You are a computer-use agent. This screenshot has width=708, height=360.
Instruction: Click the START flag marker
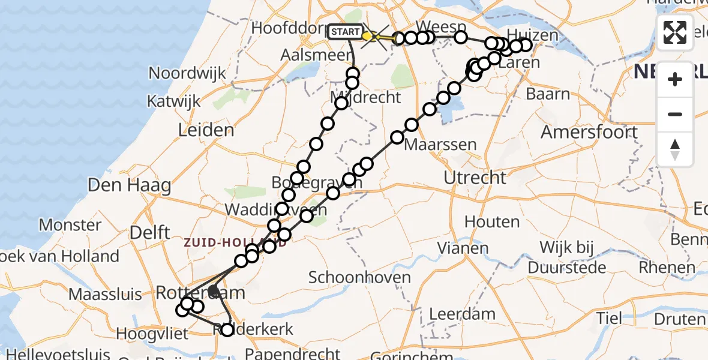tap(346, 32)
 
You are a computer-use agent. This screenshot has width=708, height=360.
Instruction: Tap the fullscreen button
tap(675, 32)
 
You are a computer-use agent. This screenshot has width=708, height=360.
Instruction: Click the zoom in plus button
tap(675, 79)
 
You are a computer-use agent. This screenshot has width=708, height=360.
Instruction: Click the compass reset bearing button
tap(675, 149)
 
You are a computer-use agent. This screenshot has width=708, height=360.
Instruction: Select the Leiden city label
tap(206, 130)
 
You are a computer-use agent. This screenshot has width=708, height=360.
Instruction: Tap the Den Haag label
tap(129, 185)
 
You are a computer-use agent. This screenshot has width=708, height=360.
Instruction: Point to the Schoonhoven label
tap(359, 277)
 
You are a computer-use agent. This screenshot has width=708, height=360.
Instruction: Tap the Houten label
tap(492, 222)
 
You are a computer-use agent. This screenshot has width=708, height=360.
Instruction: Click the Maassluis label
tap(106, 295)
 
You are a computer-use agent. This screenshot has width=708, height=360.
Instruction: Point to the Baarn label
tap(548, 94)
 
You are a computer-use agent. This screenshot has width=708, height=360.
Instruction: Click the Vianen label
tap(462, 247)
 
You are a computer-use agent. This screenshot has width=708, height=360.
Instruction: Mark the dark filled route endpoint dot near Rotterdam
tap(213, 291)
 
